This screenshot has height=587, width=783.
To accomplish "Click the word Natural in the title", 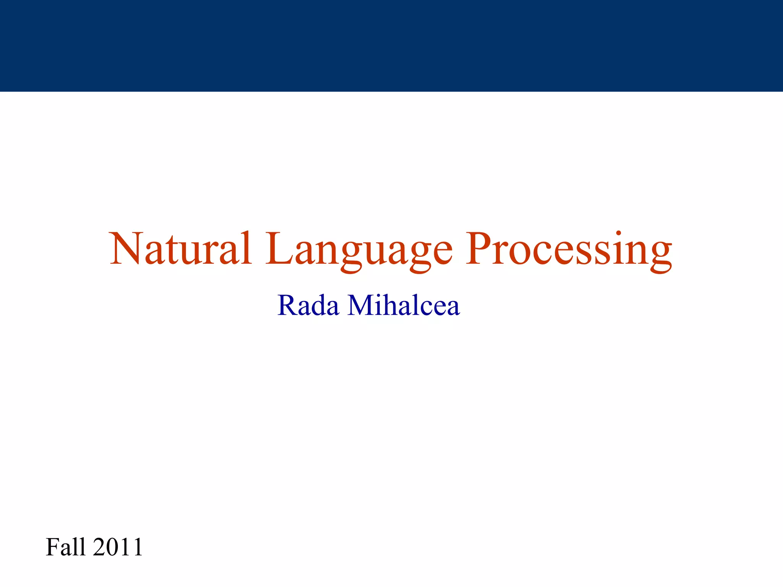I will coord(180,249).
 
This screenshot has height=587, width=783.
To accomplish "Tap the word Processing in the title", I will coord(569,250).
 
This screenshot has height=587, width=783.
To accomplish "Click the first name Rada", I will coord(308,306).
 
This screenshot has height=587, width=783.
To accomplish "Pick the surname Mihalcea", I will coord(403,306).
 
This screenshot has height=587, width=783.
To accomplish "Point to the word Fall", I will coord(65,547).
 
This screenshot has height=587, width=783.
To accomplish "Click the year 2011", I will coord(118,547).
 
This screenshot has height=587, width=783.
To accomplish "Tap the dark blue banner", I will coord(391,45).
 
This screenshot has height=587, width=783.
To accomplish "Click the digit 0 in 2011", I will coord(111,547).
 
